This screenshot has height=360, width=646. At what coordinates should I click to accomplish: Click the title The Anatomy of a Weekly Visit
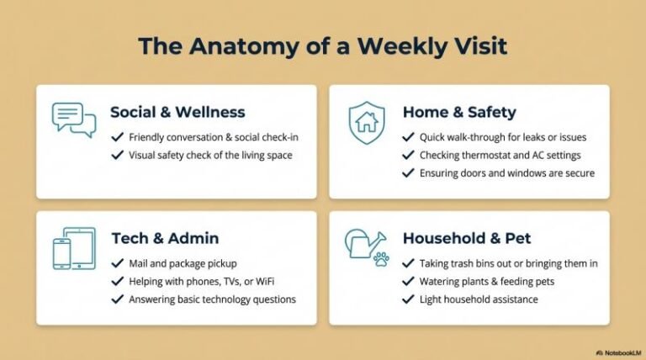(323, 45)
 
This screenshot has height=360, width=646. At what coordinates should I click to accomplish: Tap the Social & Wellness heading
(177, 112)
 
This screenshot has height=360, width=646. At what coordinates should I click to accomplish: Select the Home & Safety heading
(458, 112)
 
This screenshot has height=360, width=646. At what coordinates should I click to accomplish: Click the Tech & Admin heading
(166, 238)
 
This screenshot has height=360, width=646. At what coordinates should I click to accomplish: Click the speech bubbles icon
(73, 119)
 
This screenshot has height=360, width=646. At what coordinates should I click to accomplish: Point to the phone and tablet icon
(73, 248)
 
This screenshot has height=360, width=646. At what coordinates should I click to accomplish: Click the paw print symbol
(381, 258)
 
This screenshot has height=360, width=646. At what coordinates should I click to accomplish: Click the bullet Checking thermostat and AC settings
(500, 155)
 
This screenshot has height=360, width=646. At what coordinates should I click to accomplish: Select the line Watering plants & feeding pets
(490, 281)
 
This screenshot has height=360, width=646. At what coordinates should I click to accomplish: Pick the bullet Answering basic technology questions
(212, 299)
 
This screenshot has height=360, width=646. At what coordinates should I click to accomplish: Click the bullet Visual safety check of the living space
(210, 155)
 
